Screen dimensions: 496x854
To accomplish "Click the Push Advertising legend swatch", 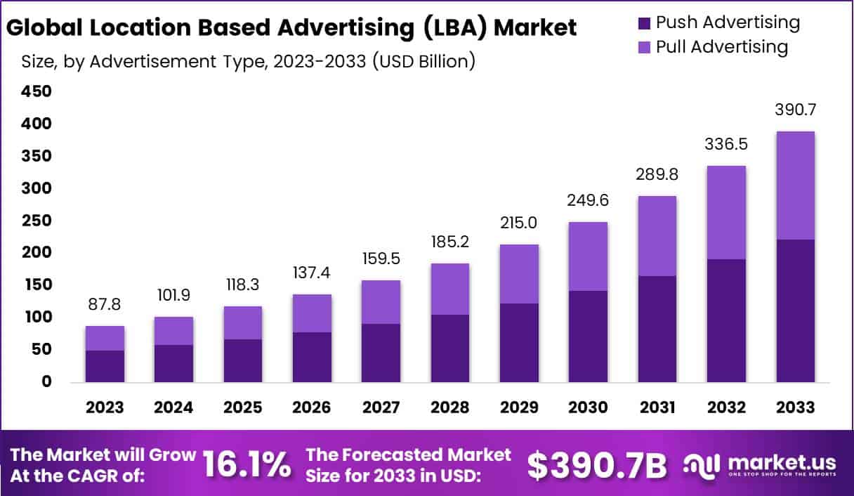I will (x=644, y=23).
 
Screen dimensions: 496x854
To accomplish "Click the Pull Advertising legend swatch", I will (x=644, y=48).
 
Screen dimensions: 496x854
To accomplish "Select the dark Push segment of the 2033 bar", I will (x=795, y=311).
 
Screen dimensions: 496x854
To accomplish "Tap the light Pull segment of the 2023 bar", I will (x=105, y=338).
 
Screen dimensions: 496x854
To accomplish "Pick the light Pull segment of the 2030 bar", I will (x=588, y=256).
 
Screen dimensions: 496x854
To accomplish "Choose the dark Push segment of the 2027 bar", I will (x=381, y=353).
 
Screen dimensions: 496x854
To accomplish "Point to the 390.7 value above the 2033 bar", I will (x=795, y=110).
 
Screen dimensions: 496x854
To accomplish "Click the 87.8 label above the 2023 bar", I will (x=105, y=305).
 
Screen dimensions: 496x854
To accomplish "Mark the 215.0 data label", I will (x=519, y=224).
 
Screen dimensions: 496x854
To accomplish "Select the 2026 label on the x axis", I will (x=312, y=407).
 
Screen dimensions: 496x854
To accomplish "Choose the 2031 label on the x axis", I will (x=657, y=407).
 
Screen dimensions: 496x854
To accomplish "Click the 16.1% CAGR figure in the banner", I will (x=247, y=464).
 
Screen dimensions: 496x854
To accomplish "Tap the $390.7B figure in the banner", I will (x=596, y=464).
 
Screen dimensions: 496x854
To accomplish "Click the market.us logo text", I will (x=781, y=462).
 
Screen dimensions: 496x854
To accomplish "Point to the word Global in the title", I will (x=40, y=27).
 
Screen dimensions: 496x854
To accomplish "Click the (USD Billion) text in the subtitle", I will (x=423, y=61).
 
